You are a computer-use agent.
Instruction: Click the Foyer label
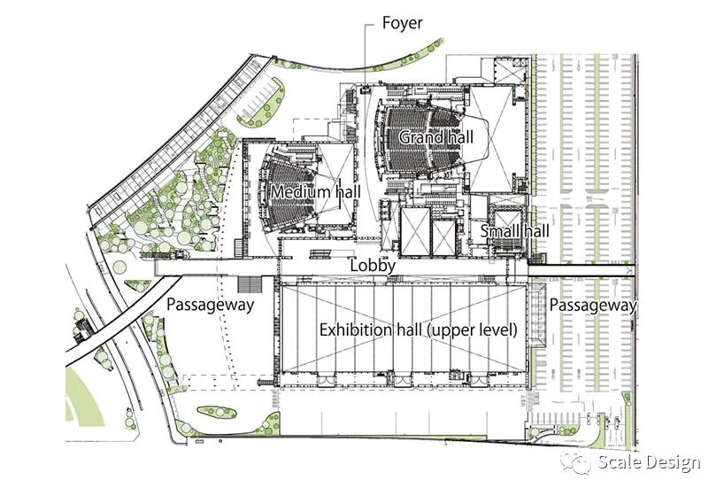point(402,23)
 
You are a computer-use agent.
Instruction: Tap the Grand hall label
point(435,137)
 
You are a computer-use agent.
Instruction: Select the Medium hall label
point(315,191)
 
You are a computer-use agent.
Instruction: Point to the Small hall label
point(515,230)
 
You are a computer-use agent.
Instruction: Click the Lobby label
point(373,266)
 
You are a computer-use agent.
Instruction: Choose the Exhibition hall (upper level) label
point(419,330)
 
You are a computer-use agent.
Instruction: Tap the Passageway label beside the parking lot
point(593,306)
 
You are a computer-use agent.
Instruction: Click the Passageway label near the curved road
point(210,305)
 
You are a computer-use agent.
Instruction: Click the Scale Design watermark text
point(649,462)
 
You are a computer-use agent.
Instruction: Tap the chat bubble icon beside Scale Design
point(575,462)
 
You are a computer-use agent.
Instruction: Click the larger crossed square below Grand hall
point(415,231)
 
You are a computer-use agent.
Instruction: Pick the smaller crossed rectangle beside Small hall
point(443,238)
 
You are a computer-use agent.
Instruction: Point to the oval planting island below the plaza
point(217,412)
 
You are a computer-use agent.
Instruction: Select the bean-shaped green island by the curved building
point(261,104)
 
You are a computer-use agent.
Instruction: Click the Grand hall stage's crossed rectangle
point(491,139)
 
